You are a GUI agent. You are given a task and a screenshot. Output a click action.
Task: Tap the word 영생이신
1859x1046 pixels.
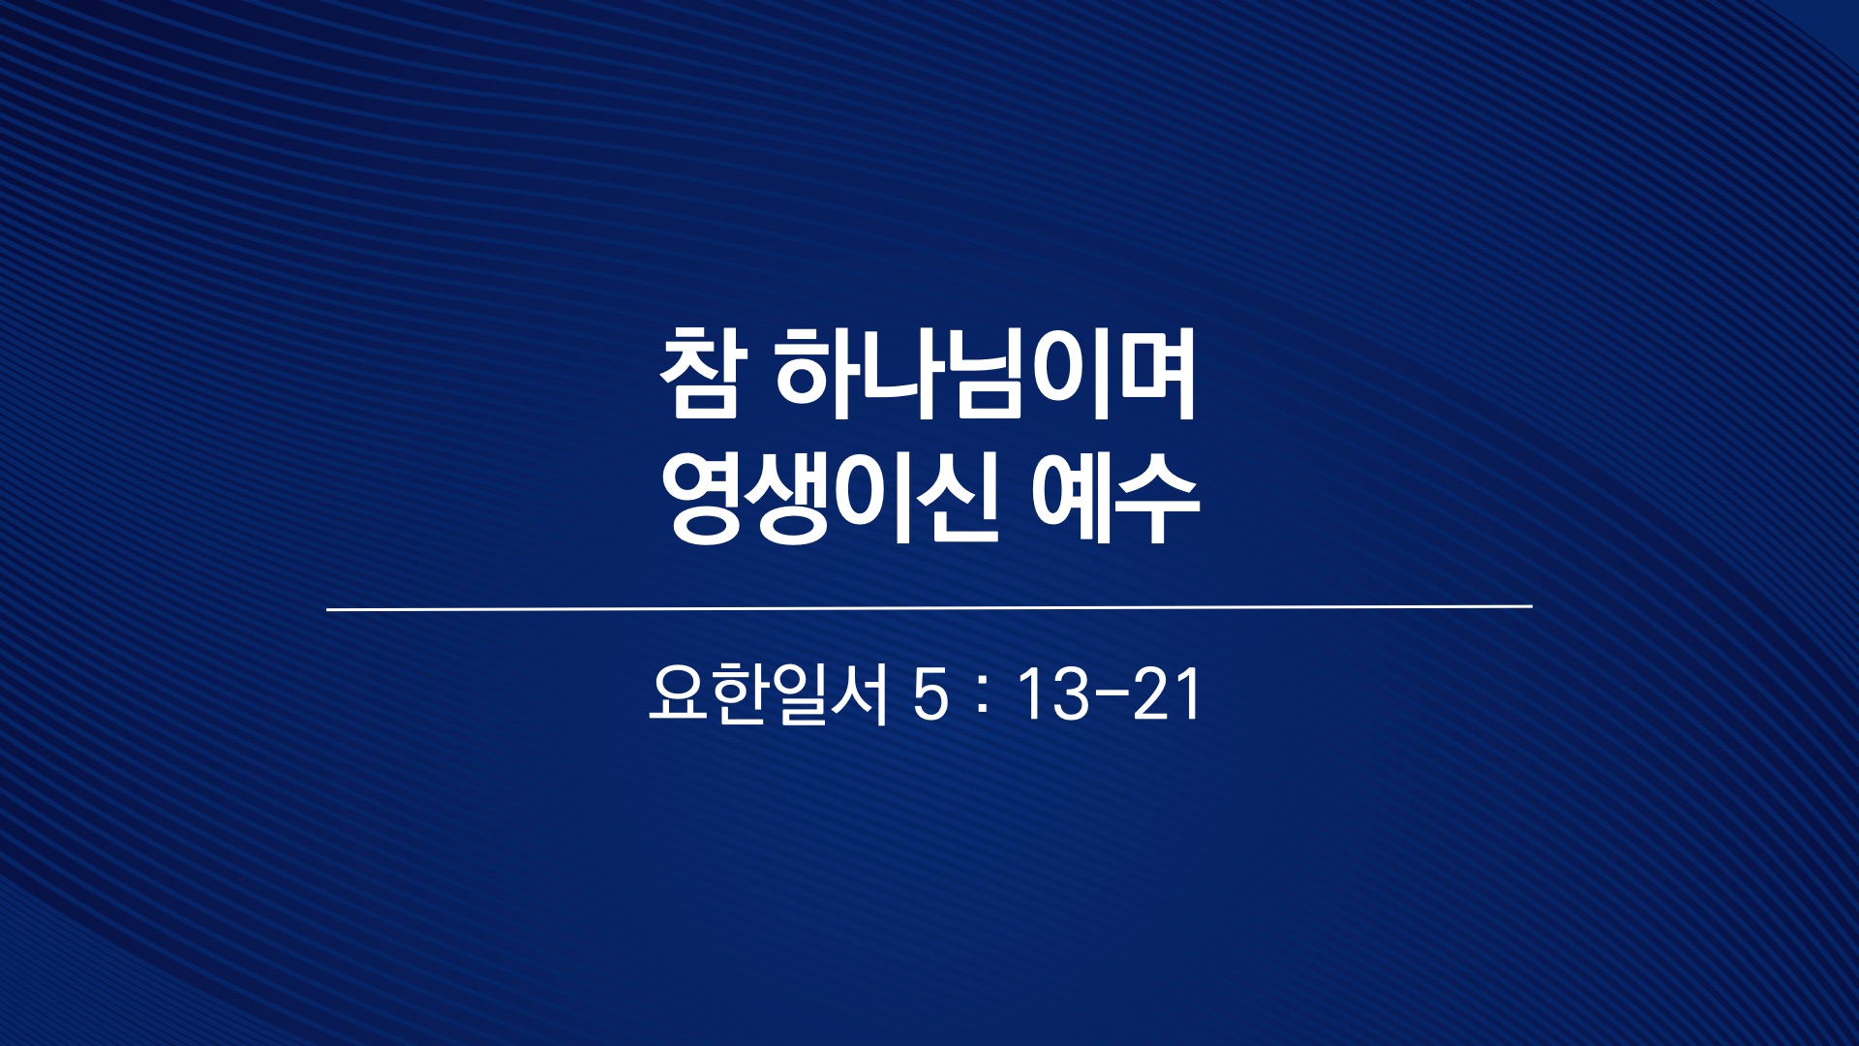pos(830,499)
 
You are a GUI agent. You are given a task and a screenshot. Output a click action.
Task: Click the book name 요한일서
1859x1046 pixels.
pos(768,693)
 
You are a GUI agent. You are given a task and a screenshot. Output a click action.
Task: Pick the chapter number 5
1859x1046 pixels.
pos(931,695)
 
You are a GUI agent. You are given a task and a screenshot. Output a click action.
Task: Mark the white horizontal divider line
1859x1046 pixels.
pos(929,608)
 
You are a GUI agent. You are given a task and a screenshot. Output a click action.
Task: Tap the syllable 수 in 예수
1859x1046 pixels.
pos(1157,500)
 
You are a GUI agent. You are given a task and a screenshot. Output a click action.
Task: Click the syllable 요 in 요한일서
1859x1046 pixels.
pos(678,693)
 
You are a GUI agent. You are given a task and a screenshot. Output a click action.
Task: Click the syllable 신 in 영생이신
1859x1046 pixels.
pos(956,499)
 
